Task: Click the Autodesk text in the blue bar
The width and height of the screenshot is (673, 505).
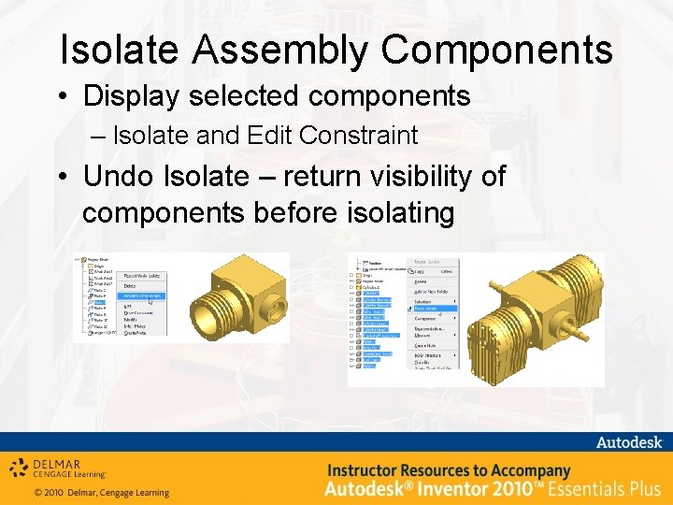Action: coord(629,441)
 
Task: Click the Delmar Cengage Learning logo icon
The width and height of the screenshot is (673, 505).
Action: coord(19,469)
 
